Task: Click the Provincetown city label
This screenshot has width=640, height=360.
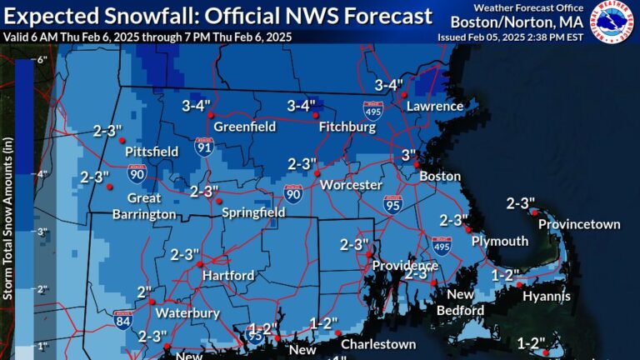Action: coord(579,224)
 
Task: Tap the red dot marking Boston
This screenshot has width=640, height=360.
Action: coord(416,166)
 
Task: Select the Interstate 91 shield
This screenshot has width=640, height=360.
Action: coord(202,147)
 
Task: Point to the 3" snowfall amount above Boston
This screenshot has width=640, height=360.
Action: coord(408,155)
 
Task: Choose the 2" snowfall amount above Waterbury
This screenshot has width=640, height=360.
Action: coord(145,293)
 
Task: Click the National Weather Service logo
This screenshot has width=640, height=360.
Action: coord(613,22)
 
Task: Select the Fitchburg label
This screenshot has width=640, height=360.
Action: coord(345,128)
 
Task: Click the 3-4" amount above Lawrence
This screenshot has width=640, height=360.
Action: coord(388,85)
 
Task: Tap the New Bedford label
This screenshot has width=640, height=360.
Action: coord(460,302)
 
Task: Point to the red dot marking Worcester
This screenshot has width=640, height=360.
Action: coord(317,172)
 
